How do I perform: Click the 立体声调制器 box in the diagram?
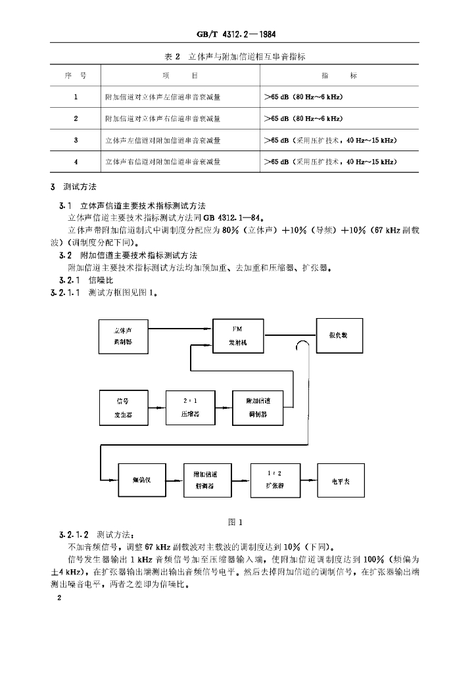[x=123, y=336]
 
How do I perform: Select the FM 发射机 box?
[x=238, y=336]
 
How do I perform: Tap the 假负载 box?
[x=339, y=336]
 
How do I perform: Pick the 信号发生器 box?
[x=124, y=407]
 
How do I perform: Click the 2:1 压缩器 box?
[x=190, y=407]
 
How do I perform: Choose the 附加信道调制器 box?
[x=258, y=407]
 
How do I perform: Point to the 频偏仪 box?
[x=141, y=480]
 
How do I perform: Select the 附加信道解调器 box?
[x=207, y=480]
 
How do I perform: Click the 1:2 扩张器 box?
[x=275, y=480]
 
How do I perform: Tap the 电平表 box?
[x=341, y=480]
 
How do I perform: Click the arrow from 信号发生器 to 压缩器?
[x=156, y=408]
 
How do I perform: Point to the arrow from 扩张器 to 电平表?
[x=308, y=480]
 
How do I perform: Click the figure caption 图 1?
[x=235, y=522]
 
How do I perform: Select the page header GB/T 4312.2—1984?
[x=236, y=34]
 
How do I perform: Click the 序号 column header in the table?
[x=76, y=76]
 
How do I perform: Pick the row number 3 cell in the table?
[x=76, y=140]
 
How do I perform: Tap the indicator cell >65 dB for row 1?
[x=304, y=97]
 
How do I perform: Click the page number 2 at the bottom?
[x=59, y=598]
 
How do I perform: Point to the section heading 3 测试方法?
[x=74, y=187]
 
